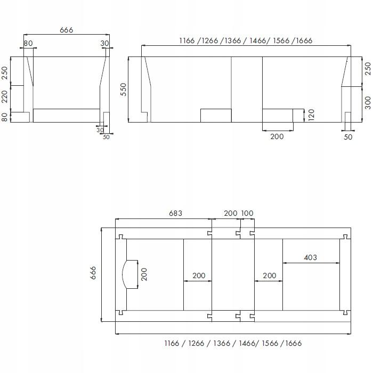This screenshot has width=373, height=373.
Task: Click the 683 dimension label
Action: [175, 213]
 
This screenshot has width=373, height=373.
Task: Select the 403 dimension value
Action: [310, 257]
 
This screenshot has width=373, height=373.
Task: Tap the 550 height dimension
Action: [123, 89]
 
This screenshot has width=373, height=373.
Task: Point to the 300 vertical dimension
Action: [367, 103]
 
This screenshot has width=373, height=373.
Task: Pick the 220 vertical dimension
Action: [5, 97]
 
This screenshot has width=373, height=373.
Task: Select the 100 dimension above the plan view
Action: [247, 213]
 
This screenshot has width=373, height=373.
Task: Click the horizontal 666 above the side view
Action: [66, 30]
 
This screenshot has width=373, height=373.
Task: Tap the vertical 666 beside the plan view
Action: [93, 274]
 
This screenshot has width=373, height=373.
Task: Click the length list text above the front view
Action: [246, 40]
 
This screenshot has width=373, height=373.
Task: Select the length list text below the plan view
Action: [232, 343]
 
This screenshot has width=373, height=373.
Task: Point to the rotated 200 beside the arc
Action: [144, 274]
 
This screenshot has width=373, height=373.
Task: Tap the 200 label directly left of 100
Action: [230, 213]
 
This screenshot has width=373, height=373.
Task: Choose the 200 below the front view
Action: [277, 136]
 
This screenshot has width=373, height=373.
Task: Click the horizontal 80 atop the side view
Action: [28, 43]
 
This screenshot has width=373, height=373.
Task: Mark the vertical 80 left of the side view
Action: [5, 117]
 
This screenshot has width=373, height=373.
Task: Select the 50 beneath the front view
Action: [348, 137]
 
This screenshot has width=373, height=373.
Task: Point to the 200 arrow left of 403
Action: [270, 275]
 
